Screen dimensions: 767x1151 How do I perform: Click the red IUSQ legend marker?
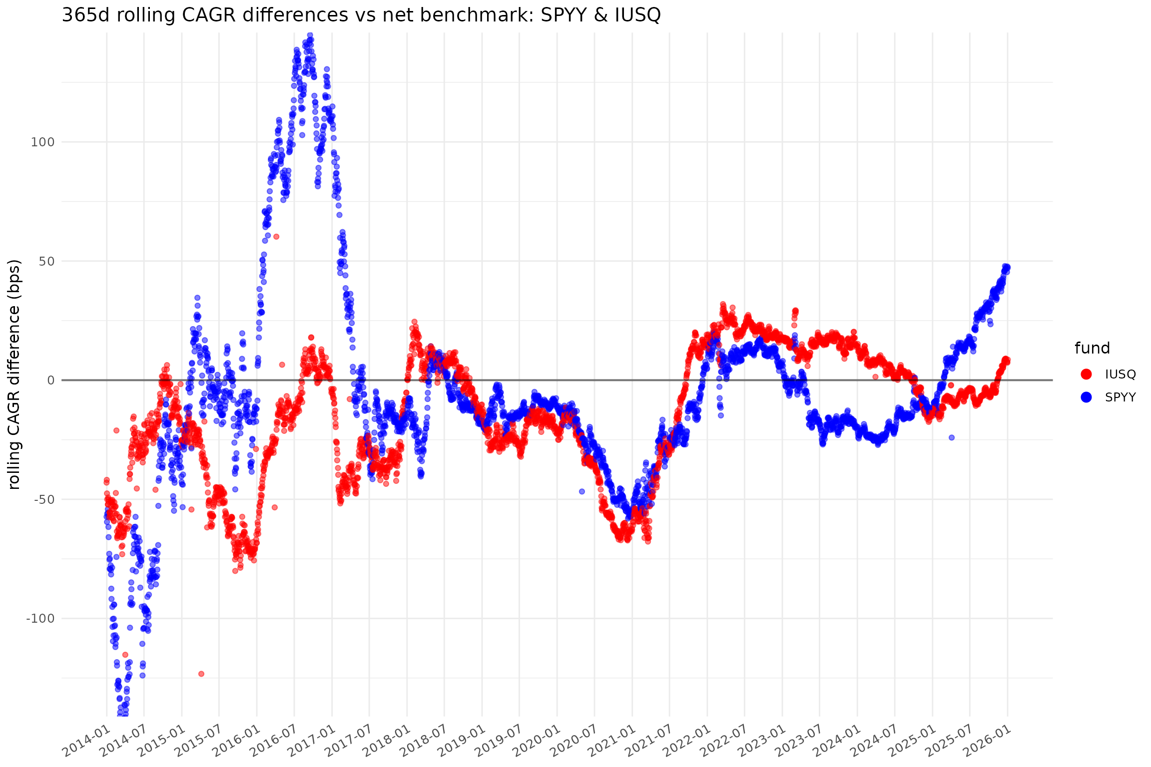(x=1086, y=374)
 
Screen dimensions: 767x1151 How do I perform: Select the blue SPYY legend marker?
(x=1086, y=397)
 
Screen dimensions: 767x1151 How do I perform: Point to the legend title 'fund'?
(x=1092, y=348)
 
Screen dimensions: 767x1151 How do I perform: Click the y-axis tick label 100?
(x=42, y=142)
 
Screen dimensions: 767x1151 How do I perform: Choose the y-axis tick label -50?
(x=43, y=499)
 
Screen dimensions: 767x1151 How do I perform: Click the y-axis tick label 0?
(x=50, y=381)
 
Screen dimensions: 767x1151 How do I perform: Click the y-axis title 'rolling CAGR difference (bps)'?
(x=14, y=374)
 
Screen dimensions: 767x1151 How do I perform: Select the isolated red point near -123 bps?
(x=201, y=674)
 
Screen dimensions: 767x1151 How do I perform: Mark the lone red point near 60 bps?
(x=276, y=237)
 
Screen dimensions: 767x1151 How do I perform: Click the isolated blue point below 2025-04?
(x=952, y=437)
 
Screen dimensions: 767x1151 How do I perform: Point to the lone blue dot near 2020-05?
(x=581, y=491)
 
